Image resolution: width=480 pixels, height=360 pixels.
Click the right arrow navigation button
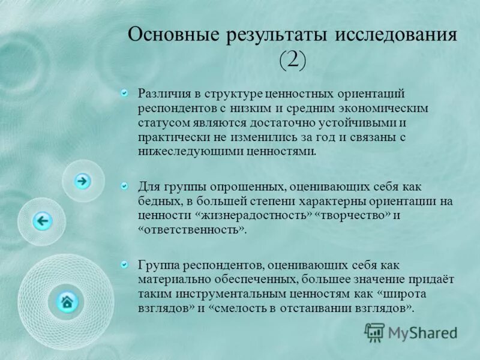(82, 181)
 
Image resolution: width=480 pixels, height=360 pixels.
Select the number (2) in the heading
(293, 59)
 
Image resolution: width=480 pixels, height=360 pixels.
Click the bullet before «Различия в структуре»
(124, 93)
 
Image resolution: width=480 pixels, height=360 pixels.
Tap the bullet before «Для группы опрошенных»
(124, 187)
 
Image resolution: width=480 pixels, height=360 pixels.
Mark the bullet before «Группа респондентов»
(124, 264)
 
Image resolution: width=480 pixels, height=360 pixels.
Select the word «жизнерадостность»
(253, 215)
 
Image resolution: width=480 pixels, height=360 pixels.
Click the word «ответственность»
(192, 230)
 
